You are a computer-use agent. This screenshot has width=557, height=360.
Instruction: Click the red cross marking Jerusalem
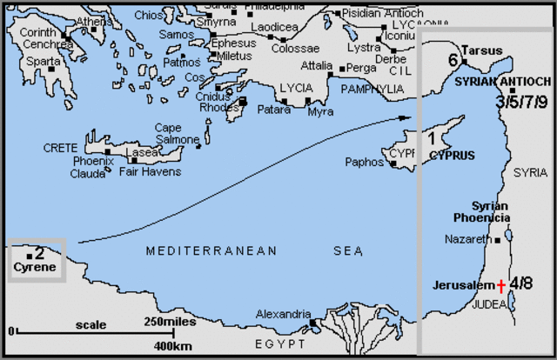point(501,285)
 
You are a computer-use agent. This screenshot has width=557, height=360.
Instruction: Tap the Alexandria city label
point(284,314)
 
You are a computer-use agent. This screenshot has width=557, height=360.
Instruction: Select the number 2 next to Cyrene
point(39,253)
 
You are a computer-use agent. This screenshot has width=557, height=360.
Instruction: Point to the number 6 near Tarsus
point(453,60)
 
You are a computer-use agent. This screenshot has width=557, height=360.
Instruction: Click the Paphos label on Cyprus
point(364,162)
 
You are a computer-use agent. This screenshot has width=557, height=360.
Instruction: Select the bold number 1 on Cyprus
point(432,137)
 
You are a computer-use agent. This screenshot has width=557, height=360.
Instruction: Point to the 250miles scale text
point(171,323)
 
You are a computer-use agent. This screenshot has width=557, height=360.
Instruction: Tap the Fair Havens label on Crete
point(149,171)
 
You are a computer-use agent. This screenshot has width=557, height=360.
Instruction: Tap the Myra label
point(320,112)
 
